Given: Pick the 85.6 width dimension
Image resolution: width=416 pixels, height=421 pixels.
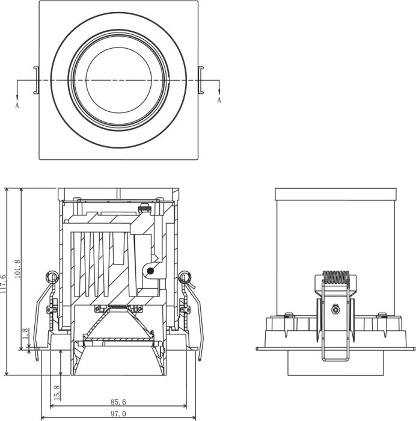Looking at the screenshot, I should pyautogui.click(x=117, y=402).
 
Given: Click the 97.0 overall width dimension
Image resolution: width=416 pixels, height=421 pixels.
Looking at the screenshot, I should pyautogui.click(x=117, y=414).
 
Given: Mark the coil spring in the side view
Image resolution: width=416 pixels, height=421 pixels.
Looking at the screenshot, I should pyautogui.click(x=336, y=278).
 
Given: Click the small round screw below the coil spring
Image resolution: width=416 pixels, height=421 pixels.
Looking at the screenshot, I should pyautogui.click(x=335, y=310).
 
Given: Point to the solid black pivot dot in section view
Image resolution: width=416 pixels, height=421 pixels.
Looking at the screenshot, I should pyautogui.click(x=150, y=271).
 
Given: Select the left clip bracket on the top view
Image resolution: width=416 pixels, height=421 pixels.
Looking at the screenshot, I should pyautogui.click(x=36, y=80).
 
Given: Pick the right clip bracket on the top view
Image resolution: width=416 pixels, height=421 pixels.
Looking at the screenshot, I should pyautogui.click(x=202, y=80).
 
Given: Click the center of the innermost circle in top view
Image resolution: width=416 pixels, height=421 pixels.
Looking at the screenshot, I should pyautogui.click(x=118, y=80).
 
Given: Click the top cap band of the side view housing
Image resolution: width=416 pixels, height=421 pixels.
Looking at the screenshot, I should pyautogui.click(x=335, y=194).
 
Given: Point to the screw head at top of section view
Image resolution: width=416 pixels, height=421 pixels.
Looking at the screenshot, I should pyautogui.click(x=144, y=209).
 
